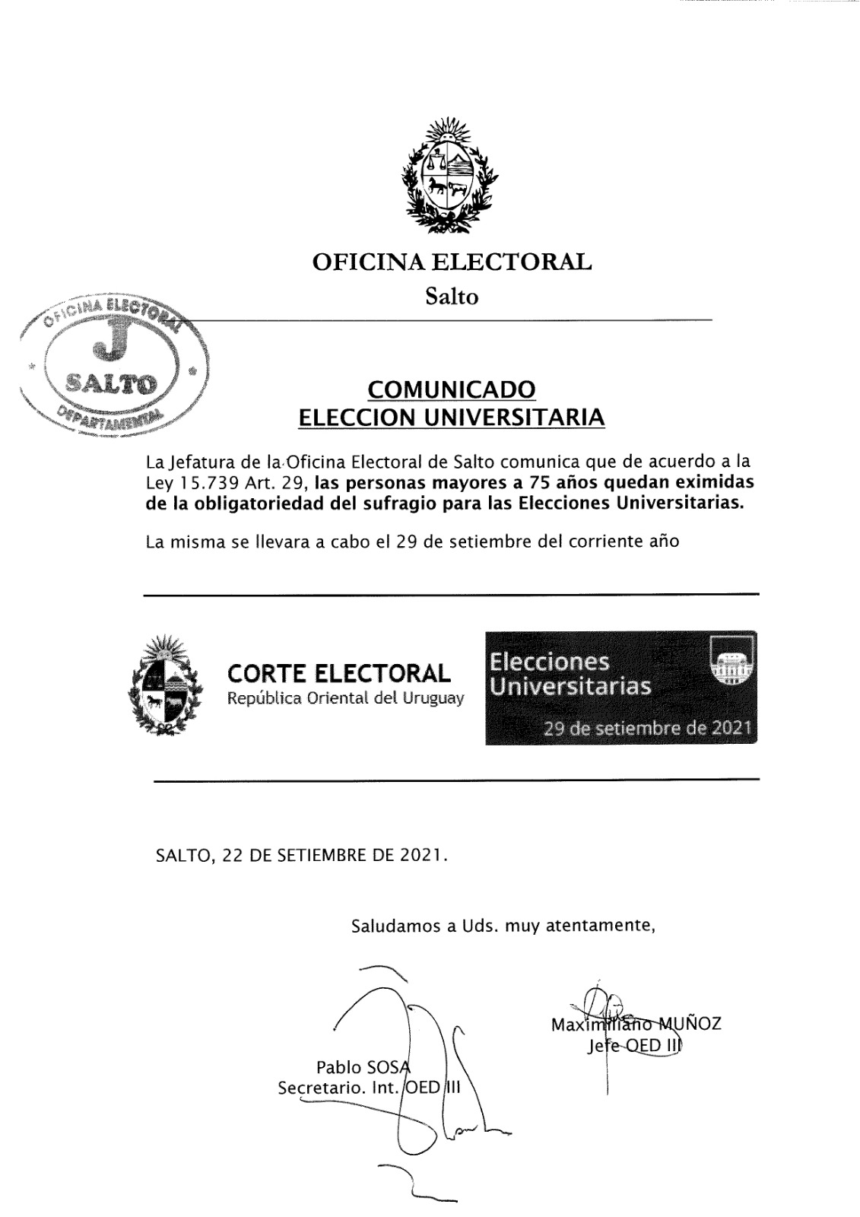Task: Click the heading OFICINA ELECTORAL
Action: pyautogui.click(x=452, y=262)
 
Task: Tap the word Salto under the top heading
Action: pyautogui.click(x=452, y=297)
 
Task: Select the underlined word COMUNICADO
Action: pyautogui.click(x=452, y=389)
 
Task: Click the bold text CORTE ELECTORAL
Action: pyautogui.click(x=339, y=673)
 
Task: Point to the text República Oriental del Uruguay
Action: pyautogui.click(x=346, y=698)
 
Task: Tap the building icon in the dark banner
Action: pyautogui.click(x=731, y=659)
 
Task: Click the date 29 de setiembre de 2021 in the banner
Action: pyautogui.click(x=647, y=728)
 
